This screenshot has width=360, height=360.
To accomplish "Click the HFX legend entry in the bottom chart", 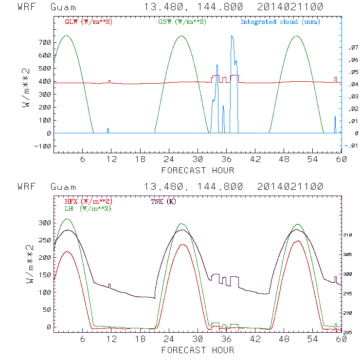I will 89,201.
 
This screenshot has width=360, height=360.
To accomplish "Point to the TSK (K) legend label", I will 162,201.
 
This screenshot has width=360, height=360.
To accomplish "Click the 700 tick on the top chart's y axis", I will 44,42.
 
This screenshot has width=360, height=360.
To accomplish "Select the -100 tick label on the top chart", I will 42,146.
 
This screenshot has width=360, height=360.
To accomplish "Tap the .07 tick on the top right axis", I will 351,48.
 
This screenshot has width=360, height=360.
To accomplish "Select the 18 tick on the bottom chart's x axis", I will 140,340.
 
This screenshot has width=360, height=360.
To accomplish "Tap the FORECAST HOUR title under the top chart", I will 198,170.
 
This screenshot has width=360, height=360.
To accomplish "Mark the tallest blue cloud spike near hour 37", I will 232,36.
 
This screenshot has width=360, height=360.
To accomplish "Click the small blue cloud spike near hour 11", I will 108,130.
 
